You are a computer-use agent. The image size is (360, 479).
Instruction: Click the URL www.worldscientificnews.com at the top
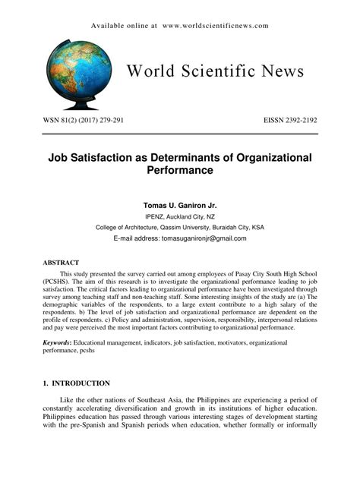pos(215,26)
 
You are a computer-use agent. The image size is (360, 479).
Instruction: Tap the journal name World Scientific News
pos(215,72)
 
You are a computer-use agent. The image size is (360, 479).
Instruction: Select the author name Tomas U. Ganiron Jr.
pos(180,204)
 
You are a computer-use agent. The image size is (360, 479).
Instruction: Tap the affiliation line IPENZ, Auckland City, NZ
pos(180,216)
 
